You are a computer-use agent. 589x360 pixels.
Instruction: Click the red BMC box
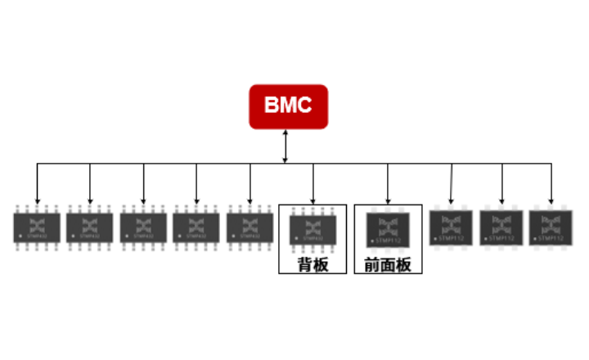(288, 106)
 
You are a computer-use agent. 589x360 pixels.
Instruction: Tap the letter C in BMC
(308, 106)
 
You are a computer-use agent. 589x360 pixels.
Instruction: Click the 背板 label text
(312, 264)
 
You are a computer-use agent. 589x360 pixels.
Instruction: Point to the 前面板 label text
(388, 265)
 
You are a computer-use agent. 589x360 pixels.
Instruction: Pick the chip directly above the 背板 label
(312, 228)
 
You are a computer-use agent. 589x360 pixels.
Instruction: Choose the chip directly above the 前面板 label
(388, 228)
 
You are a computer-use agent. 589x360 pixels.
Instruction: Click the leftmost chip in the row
(37, 227)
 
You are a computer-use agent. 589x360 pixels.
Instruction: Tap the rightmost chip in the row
(551, 227)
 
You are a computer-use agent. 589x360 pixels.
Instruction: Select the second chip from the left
(90, 227)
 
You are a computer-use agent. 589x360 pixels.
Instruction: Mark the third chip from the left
(143, 227)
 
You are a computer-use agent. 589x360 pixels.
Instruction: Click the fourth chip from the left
(196, 227)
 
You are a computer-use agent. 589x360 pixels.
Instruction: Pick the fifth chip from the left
(250, 227)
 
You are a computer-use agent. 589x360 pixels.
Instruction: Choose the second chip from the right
(501, 227)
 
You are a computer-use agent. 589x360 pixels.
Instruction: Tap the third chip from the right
(452, 227)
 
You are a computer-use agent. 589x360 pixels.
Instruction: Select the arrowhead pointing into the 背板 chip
(312, 199)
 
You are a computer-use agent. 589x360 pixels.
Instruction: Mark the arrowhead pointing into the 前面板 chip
(388, 199)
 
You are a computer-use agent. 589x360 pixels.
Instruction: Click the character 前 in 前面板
(372, 265)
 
